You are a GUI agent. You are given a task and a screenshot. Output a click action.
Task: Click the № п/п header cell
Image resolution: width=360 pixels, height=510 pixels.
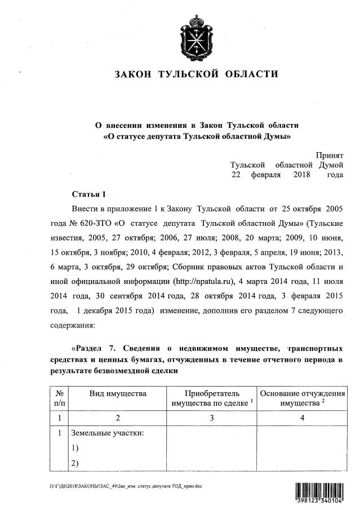click(59, 398)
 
